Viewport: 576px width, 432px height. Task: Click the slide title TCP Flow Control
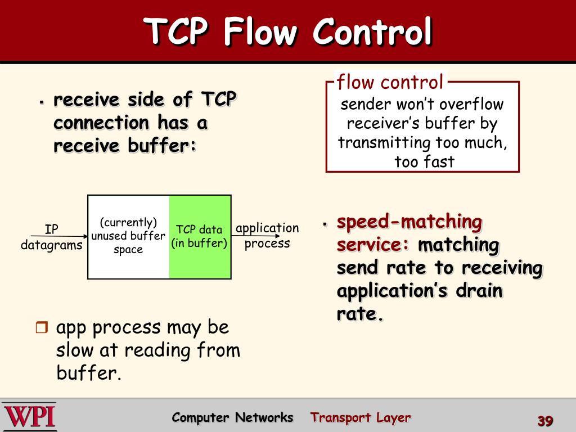tap(288, 32)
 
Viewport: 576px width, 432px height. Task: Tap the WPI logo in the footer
tap(29, 416)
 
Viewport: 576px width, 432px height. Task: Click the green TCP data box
tap(200, 236)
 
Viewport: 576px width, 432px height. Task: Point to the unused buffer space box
tap(128, 236)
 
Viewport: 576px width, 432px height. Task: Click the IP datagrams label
tap(52, 237)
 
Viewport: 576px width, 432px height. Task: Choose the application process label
tap(267, 236)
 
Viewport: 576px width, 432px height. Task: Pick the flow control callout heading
tap(390, 83)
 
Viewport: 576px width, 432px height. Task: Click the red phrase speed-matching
tap(409, 222)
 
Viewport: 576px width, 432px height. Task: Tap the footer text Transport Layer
tap(361, 417)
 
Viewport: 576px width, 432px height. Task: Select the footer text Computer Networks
tap(232, 417)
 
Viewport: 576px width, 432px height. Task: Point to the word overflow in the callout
tap(471, 105)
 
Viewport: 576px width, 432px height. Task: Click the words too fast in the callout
tap(424, 162)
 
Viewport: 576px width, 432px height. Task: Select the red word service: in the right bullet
tap(373, 245)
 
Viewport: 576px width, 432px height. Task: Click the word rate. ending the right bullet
tap(360, 314)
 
